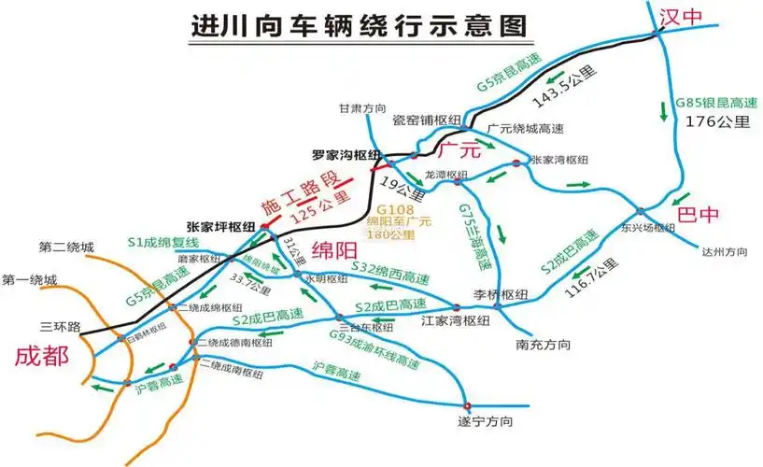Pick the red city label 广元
[x=459, y=149]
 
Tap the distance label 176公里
[x=718, y=120]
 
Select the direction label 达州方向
[x=724, y=251]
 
